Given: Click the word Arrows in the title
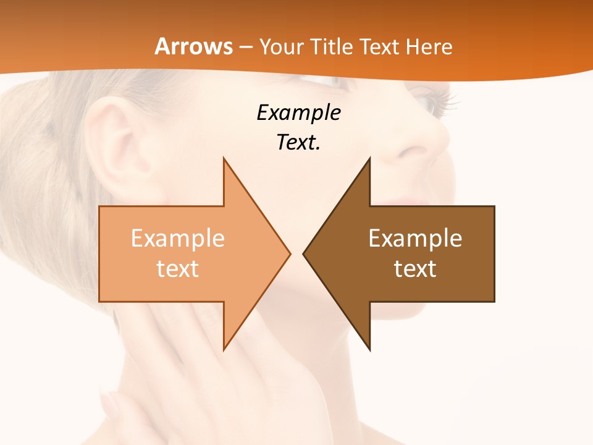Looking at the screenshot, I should (x=194, y=46).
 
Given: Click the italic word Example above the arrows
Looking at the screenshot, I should (x=299, y=113).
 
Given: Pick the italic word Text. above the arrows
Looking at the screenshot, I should (x=299, y=143).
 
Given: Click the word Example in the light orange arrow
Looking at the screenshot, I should (x=178, y=239).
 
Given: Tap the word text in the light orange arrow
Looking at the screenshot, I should (x=178, y=268).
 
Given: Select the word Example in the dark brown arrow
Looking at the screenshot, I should (x=415, y=239).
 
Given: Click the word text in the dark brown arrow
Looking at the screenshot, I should (x=415, y=268).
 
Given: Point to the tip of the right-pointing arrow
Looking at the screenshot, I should (x=290, y=253).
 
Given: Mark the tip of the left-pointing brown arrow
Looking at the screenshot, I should (x=303, y=253).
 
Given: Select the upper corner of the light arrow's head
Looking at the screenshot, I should (x=224, y=158).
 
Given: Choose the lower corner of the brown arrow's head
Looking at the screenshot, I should (x=370, y=350).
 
